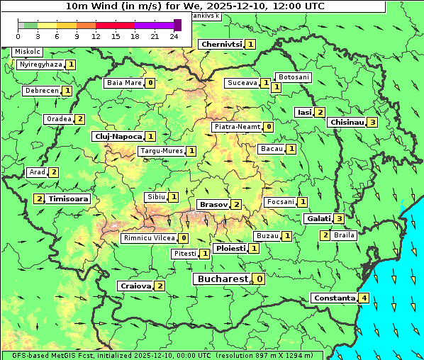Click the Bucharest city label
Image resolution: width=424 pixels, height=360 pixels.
click(222, 279)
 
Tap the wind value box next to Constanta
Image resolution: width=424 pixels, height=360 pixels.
click(364, 298)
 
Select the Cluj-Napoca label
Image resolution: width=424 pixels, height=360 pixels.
click(118, 136)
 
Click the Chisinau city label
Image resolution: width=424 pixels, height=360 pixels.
click(347, 122)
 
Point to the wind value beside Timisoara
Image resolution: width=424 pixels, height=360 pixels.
click(39, 199)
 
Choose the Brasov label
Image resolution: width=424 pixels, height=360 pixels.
click(213, 204)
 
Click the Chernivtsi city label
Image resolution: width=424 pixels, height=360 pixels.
click(221, 44)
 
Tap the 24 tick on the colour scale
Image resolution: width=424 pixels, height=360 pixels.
click(173, 35)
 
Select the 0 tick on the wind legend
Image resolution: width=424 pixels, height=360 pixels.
click(18, 35)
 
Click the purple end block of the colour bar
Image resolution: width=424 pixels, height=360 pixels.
click(177, 25)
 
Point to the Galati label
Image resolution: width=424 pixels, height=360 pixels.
click(318, 218)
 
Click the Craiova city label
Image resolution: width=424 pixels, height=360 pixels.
click(135, 286)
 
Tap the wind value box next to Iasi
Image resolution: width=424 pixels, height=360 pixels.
click(320, 112)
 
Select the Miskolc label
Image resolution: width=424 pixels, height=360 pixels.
click(28, 52)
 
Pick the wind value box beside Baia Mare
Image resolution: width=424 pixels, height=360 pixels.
click(150, 83)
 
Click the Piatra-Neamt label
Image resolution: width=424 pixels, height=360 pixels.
click(237, 127)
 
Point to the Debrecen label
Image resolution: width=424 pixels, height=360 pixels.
click(40, 91)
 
